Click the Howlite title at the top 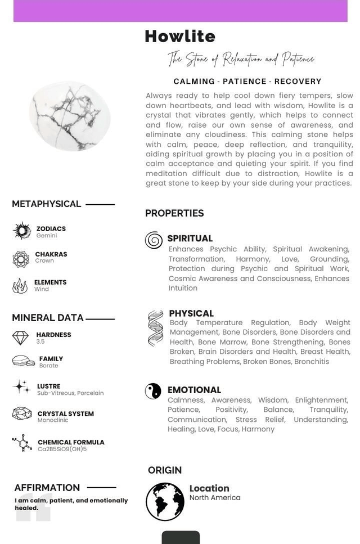pyautogui.click(x=180, y=37)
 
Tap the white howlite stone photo pyautogui.click(x=70, y=116)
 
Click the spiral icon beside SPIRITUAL pyautogui.click(x=154, y=240)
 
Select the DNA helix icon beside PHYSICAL pyautogui.click(x=155, y=328)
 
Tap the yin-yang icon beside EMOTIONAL pyautogui.click(x=153, y=391)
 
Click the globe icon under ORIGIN pyautogui.click(x=165, y=501)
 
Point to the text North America pyautogui.click(x=215, y=498)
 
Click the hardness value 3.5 pyautogui.click(x=40, y=342)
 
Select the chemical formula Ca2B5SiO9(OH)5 pyautogui.click(x=62, y=449)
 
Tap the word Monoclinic pyautogui.click(x=53, y=420)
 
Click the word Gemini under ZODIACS pyautogui.click(x=47, y=236)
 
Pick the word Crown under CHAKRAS pyautogui.click(x=44, y=261)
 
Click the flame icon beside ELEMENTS pyautogui.click(x=20, y=286)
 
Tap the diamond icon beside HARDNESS pyautogui.click(x=20, y=338)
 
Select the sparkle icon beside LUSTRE pyautogui.click(x=21, y=386)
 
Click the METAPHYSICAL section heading pyautogui.click(x=47, y=204)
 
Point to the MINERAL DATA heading pyautogui.click(x=48, y=318)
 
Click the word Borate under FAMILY pyautogui.click(x=48, y=366)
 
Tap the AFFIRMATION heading pyautogui.click(x=47, y=488)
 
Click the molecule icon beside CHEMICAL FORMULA pyautogui.click(x=22, y=443)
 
